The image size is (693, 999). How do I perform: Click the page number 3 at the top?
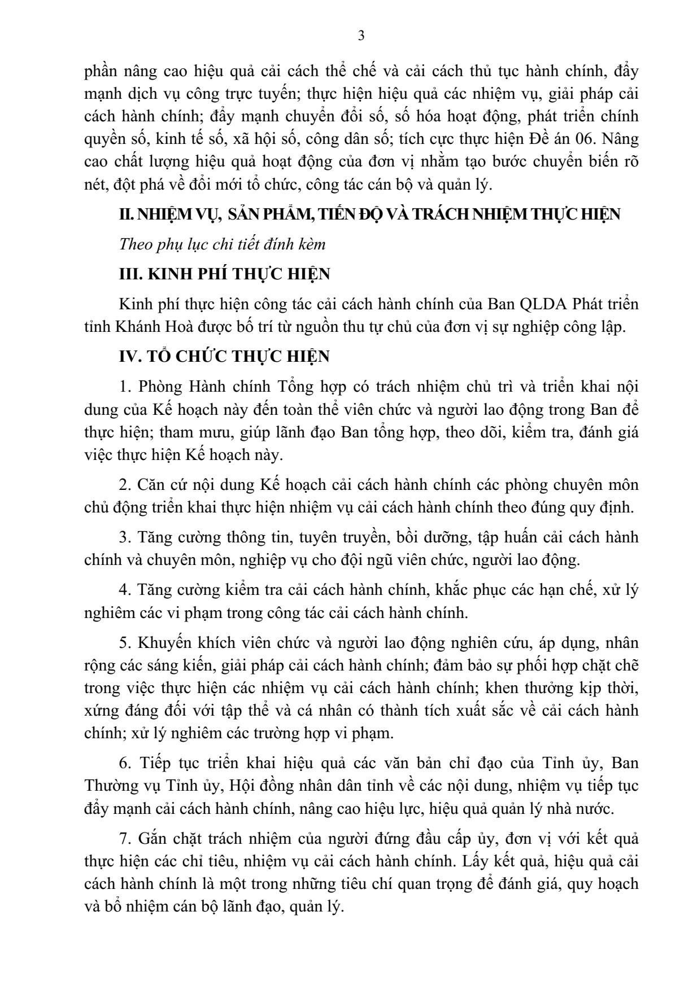pos(361,37)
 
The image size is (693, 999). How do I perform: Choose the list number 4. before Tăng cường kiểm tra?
pos(124,590)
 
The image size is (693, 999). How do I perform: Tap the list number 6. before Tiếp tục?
pos(124,763)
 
